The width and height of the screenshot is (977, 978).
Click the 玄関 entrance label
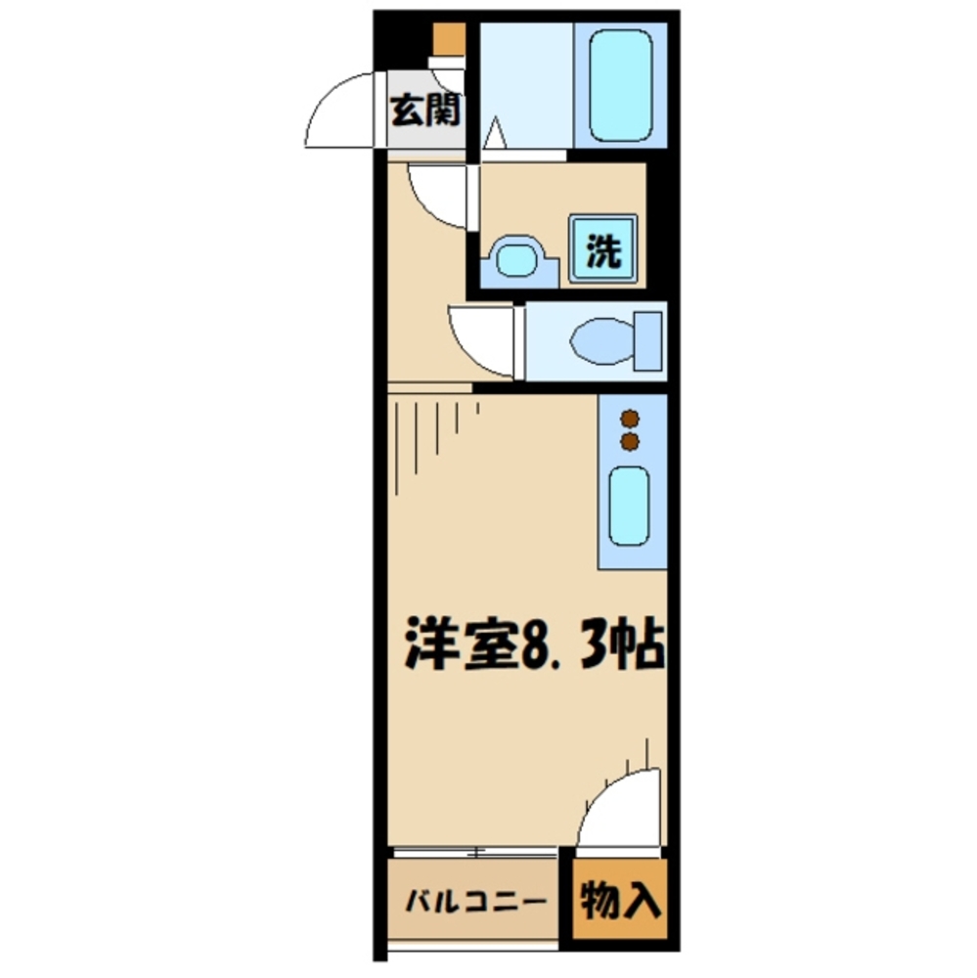click(x=425, y=111)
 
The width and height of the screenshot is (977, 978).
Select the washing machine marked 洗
click(x=603, y=249)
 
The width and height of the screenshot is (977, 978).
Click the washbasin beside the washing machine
click(x=517, y=258)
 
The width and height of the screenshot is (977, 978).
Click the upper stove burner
click(x=630, y=419)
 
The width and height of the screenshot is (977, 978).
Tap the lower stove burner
click(x=630, y=442)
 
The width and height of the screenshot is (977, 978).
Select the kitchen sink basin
click(x=628, y=505)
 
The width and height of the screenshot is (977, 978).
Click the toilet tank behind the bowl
click(x=648, y=338)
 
